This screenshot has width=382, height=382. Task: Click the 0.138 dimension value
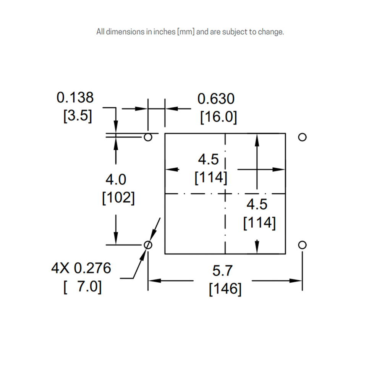75,97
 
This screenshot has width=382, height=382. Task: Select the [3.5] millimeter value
78,115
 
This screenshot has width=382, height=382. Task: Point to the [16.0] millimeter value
219,117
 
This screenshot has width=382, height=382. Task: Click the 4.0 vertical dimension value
116,180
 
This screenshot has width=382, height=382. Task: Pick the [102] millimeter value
118,197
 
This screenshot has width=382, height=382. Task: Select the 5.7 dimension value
222,271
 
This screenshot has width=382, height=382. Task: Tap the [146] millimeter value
225,289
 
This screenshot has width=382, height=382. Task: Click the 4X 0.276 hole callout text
81,268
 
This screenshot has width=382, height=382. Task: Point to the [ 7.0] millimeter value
83,286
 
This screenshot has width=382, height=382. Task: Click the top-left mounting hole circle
148,137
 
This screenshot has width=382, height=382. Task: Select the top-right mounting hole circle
302,137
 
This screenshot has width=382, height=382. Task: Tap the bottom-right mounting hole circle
302,245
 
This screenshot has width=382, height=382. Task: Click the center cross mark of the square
225,194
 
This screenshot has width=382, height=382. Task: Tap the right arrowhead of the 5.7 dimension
296,281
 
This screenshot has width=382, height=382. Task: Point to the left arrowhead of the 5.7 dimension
155,281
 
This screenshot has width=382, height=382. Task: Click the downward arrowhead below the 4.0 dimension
116,238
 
